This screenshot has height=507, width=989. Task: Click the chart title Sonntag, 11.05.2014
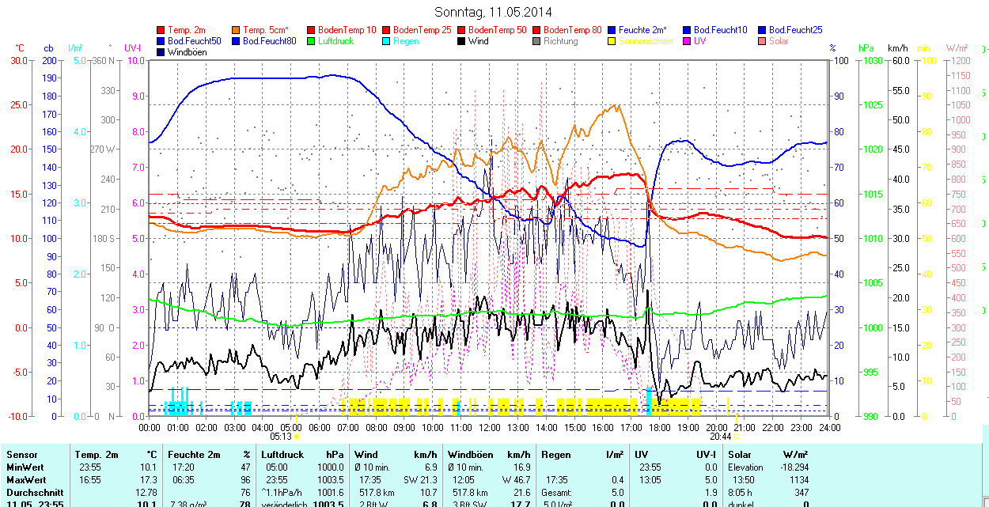[x=493, y=12]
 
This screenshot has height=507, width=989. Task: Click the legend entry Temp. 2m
[x=187, y=30]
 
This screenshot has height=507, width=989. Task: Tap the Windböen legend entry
[x=187, y=52]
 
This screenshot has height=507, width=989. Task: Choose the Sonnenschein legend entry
[x=645, y=41]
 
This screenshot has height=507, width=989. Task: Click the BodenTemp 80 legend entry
[x=573, y=30]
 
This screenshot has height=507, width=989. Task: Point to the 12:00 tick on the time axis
[x=490, y=428]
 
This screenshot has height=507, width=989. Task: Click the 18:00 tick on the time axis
[x=660, y=428]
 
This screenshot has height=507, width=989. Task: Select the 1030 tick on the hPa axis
[x=872, y=60]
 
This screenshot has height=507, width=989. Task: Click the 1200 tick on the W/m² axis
[x=959, y=60]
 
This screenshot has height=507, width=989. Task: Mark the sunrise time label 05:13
[x=281, y=436]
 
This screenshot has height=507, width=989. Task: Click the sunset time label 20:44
[x=720, y=436]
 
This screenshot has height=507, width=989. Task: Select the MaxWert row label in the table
[x=26, y=480]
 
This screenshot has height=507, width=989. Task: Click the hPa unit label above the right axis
[x=866, y=48]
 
